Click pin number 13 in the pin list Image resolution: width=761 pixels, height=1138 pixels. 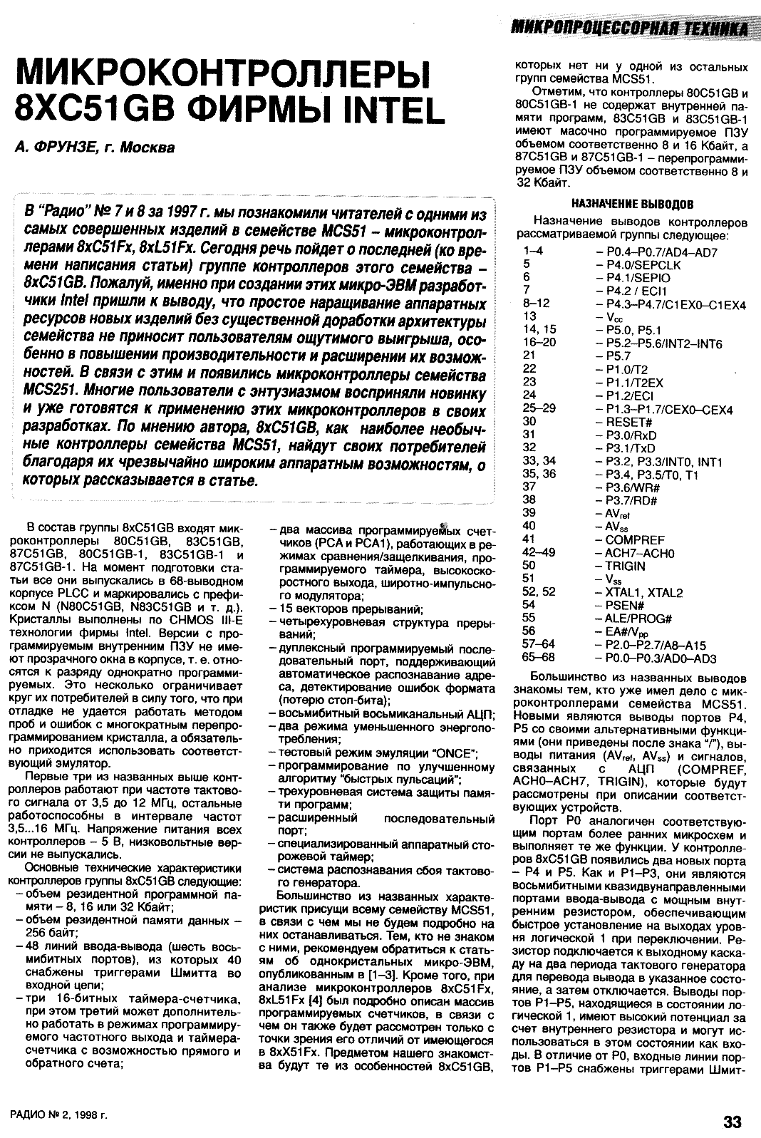(x=529, y=316)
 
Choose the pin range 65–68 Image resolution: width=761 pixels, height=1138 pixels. (x=539, y=657)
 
